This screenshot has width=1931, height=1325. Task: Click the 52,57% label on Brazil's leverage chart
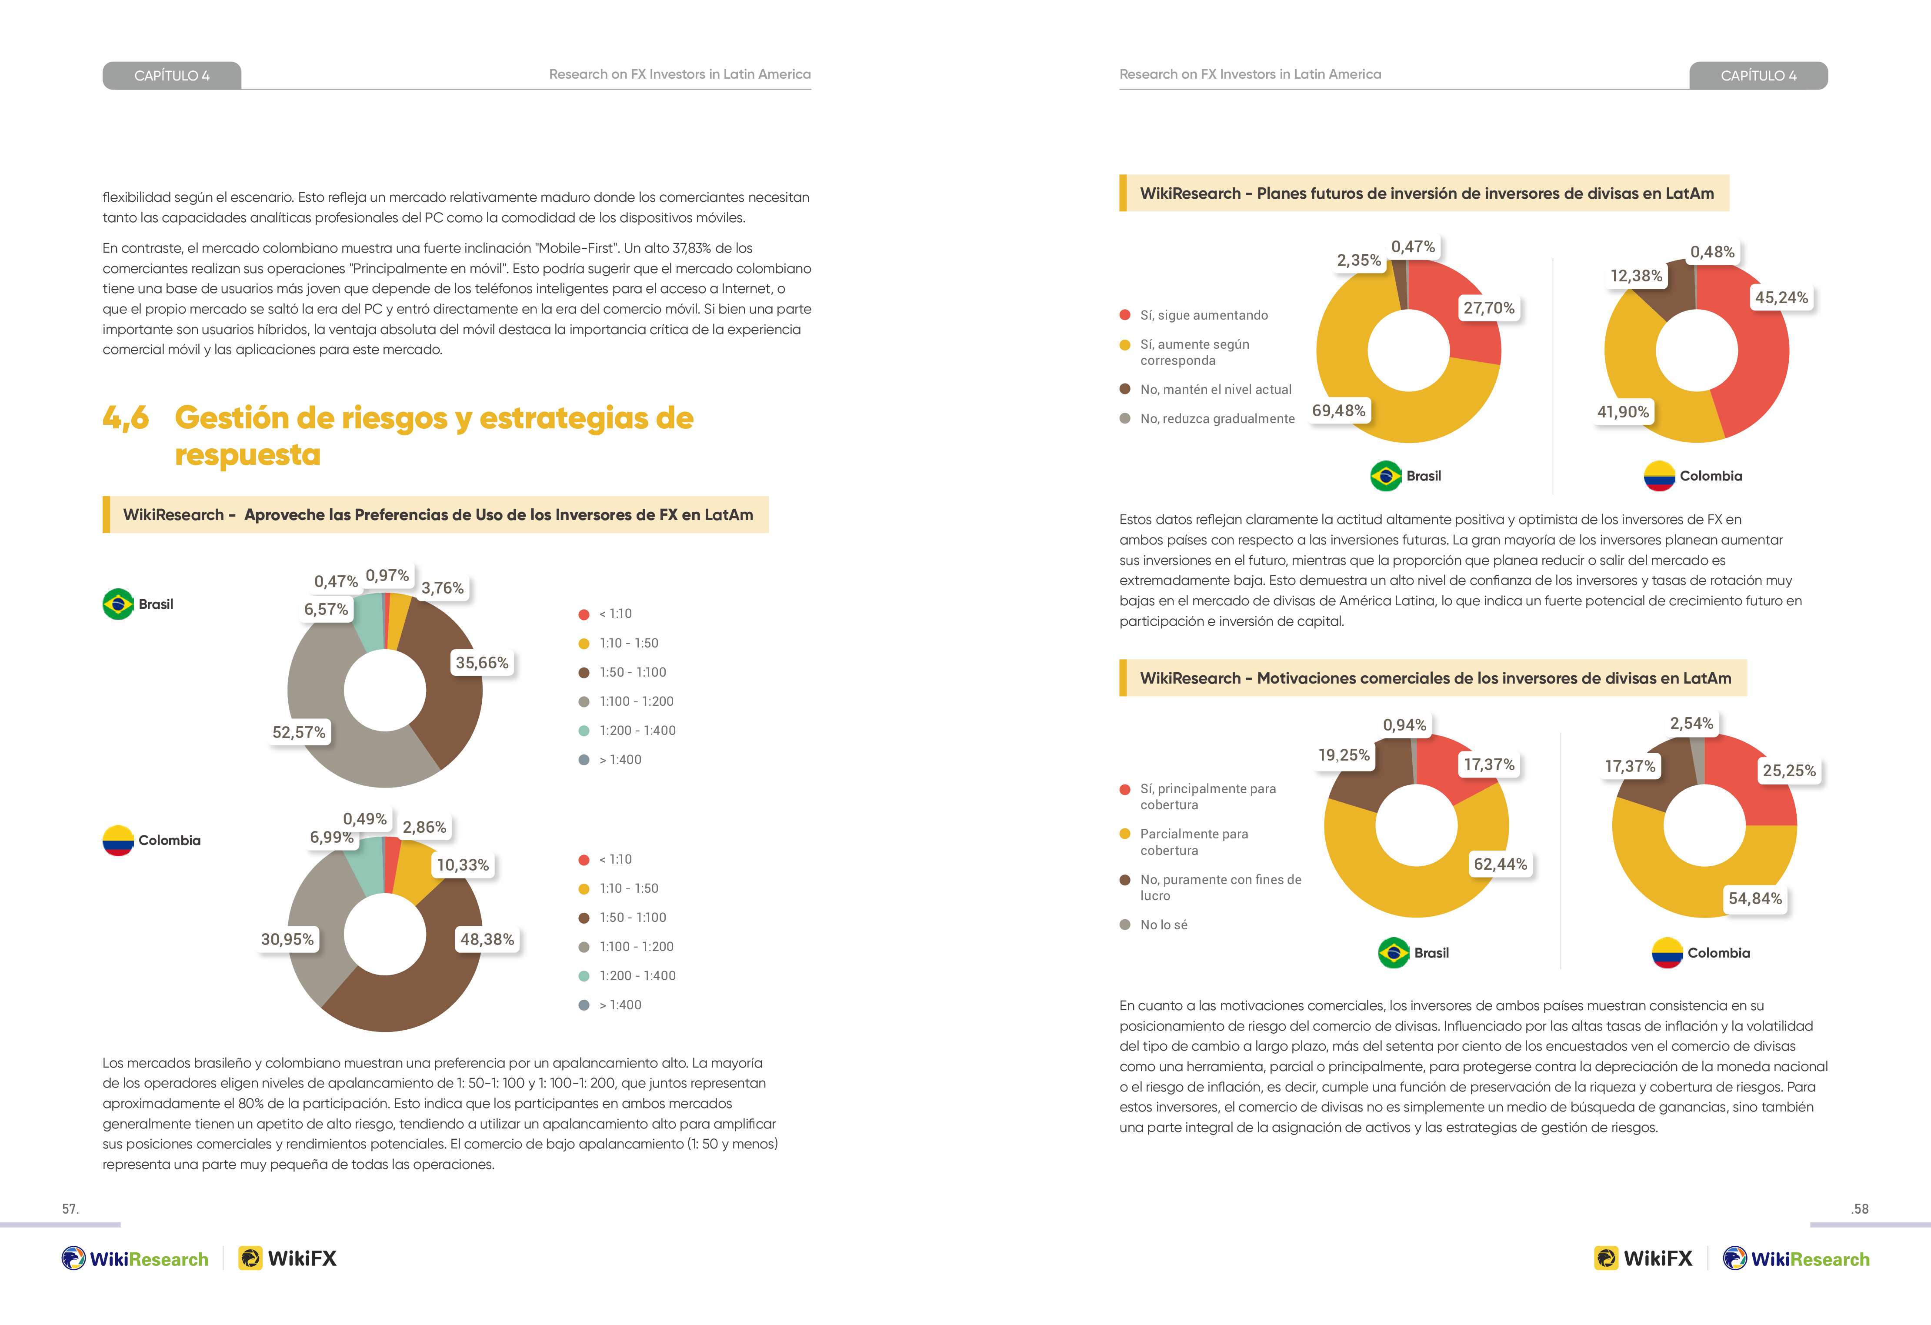(x=299, y=732)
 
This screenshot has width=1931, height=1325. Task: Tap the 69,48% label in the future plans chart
(x=1339, y=411)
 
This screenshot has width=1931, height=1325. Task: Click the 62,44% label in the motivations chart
(x=1501, y=864)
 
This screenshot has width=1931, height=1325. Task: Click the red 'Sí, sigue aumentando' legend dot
(x=1125, y=315)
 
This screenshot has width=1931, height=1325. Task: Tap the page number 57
(x=70, y=1209)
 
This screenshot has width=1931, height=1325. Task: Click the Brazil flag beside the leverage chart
(x=118, y=604)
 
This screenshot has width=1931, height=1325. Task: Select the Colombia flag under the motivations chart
(x=1667, y=953)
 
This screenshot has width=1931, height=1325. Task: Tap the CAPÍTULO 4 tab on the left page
(x=172, y=76)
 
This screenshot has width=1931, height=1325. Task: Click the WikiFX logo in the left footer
(x=287, y=1258)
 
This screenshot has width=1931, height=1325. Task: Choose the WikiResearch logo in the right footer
(x=1796, y=1258)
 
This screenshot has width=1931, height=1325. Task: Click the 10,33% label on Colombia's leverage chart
(x=463, y=865)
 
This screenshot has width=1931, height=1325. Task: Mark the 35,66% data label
(x=482, y=663)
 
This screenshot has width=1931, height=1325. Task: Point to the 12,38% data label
(x=1636, y=276)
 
